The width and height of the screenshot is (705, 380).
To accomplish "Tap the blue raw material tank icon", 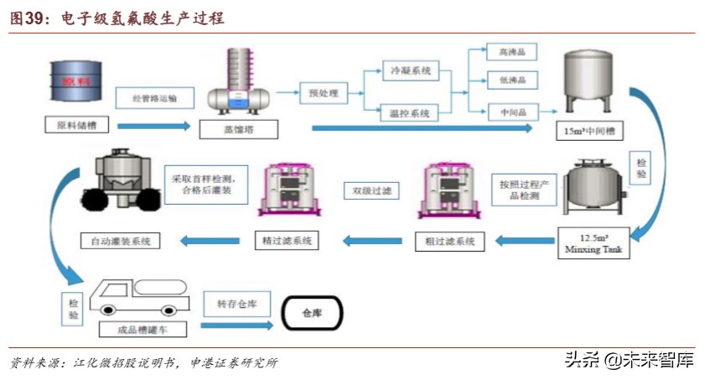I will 76,82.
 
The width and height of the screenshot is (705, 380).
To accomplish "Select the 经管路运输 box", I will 157,97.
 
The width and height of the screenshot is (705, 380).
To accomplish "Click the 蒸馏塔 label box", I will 237,130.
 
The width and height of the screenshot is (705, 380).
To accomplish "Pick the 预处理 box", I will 323,93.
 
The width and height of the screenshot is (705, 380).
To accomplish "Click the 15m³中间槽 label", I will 588,131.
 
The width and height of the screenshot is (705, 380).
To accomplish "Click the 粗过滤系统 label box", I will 450,242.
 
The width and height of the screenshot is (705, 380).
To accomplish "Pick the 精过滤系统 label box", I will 288,241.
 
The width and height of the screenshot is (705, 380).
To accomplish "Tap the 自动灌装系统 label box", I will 120,242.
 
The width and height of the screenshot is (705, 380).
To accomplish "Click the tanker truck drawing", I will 139,295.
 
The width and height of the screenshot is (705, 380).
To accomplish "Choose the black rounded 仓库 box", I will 311,313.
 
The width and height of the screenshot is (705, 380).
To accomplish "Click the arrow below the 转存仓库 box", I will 238,325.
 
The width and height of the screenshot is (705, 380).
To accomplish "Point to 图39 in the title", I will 27,18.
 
